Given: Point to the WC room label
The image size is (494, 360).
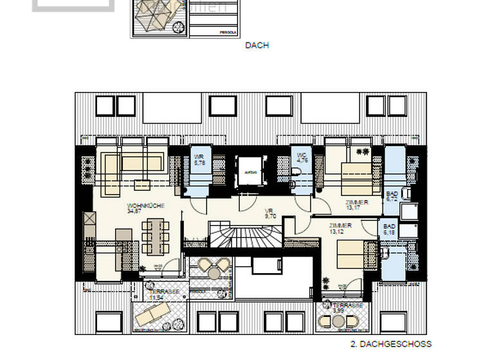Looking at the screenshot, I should (x=302, y=155).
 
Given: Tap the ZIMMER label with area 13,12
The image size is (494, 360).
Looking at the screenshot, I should (x=340, y=226).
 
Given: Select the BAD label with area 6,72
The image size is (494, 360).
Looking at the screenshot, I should (x=391, y=194).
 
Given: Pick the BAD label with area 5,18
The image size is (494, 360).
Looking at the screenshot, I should (x=390, y=227).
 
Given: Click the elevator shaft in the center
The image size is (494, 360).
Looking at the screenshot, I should (x=250, y=173).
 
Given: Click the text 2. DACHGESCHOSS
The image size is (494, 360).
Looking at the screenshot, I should (x=391, y=344).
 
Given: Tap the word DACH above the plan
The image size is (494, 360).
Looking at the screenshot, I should (x=257, y=46).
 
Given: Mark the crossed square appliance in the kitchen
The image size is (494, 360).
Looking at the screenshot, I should (x=87, y=224).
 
